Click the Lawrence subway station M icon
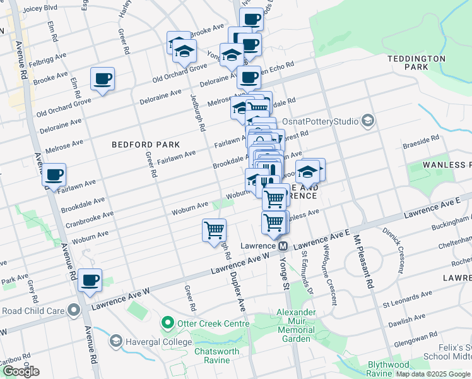(x=283, y=245)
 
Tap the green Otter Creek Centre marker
(x=167, y=324)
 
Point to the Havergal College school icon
(x=115, y=342)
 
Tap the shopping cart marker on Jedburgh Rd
(x=215, y=229)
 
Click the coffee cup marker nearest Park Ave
(x=90, y=279)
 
